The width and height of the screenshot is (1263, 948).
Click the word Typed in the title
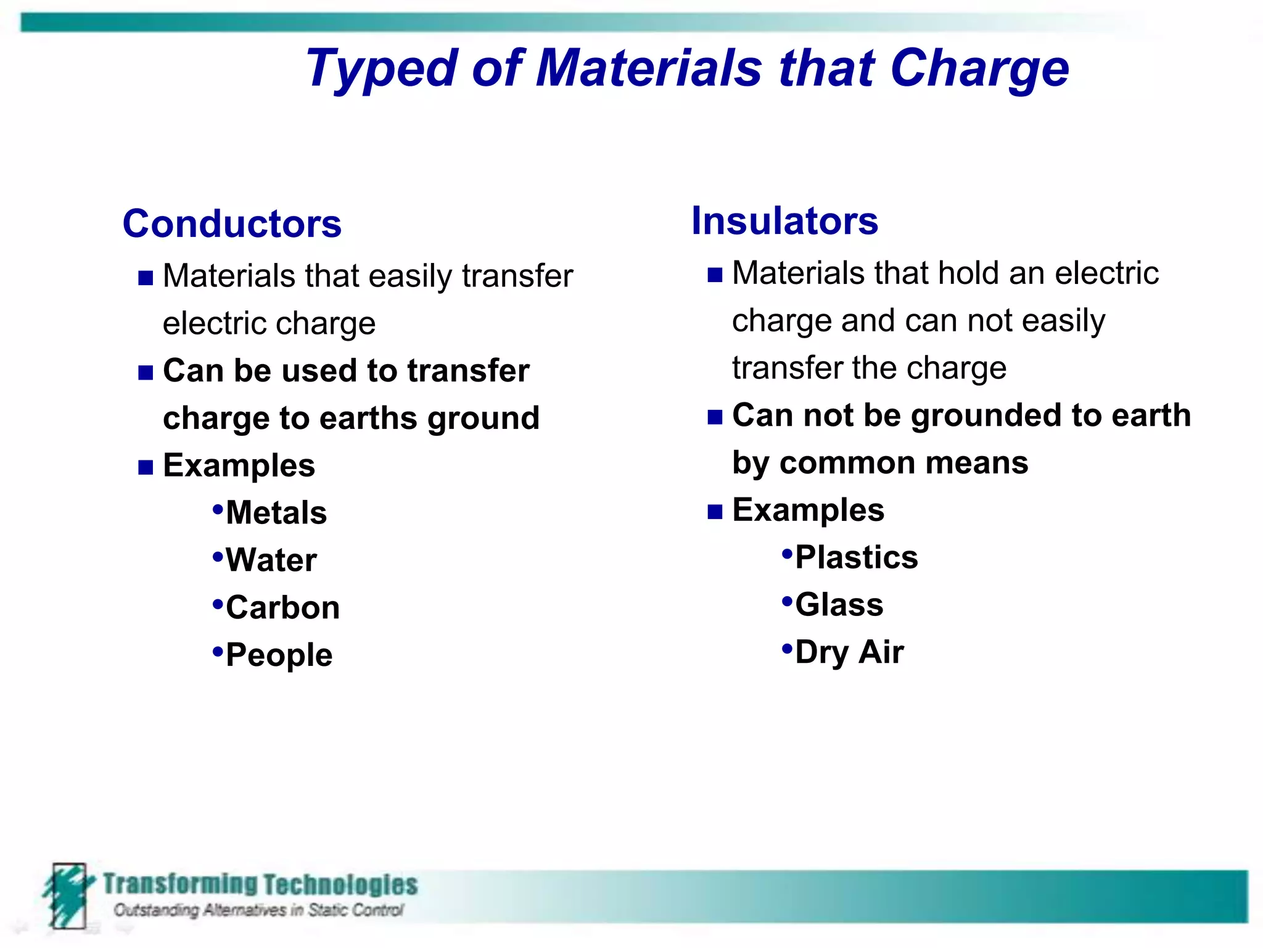tap(381, 69)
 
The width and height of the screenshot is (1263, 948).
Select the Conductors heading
tap(232, 223)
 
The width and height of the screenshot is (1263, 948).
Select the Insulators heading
tap(784, 221)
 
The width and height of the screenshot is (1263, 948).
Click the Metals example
tap(276, 513)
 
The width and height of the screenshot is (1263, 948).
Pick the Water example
tap(271, 560)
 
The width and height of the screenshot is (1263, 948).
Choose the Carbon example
tap(282, 608)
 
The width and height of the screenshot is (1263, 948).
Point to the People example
tap(279, 655)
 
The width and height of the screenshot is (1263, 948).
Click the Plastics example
tap(856, 557)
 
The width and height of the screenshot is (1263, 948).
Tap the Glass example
tap(839, 605)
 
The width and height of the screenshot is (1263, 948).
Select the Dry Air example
tap(849, 652)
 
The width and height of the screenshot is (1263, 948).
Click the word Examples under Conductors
tap(239, 465)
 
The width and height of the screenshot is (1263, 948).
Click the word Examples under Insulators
tap(808, 510)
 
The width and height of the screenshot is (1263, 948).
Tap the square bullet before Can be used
tap(146, 373)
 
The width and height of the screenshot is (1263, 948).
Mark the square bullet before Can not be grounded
tap(715, 418)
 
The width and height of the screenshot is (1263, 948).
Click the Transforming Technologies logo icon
tap(68, 895)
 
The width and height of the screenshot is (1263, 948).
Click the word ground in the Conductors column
tap(483, 419)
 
